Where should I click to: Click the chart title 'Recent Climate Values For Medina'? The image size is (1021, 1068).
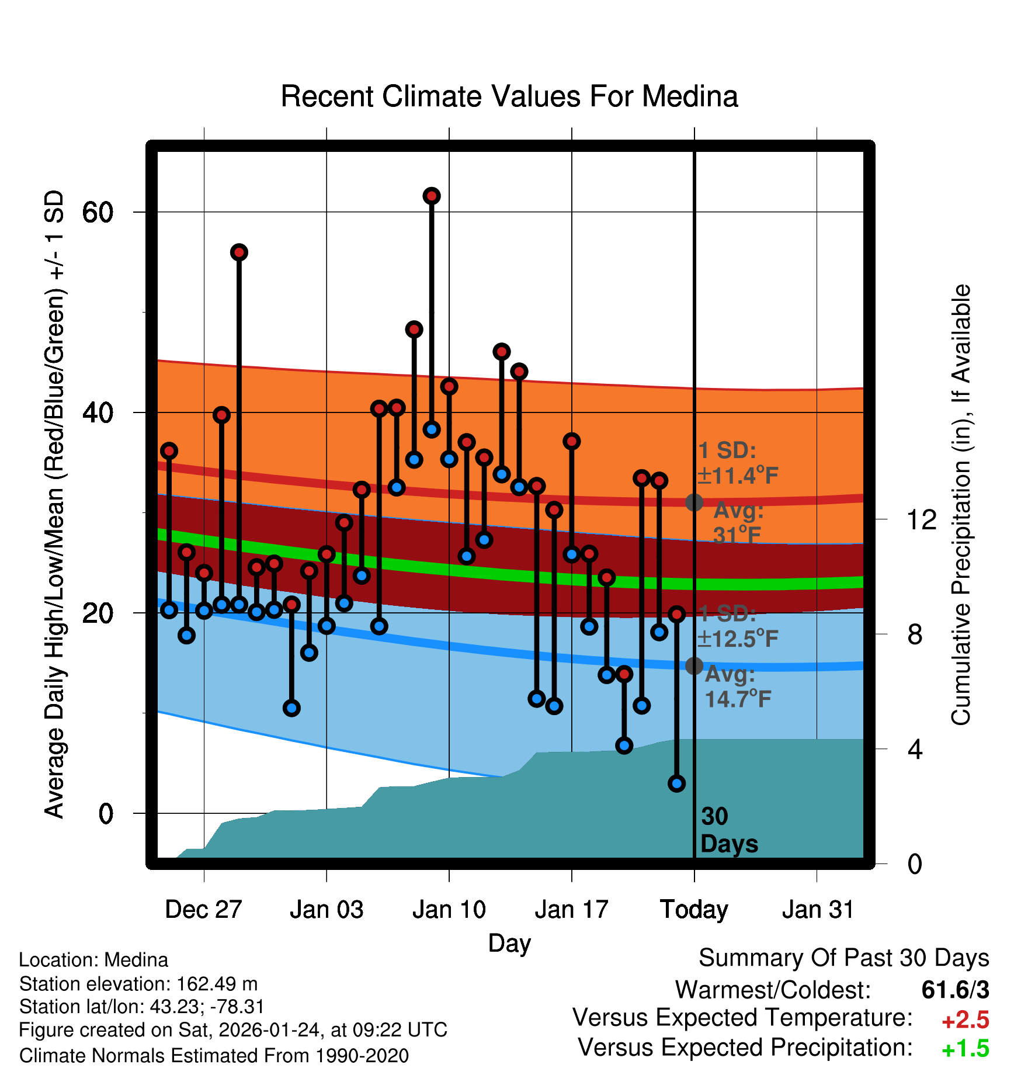(509, 96)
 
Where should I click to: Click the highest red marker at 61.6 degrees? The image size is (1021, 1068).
(432, 196)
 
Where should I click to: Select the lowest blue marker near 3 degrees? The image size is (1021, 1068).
(676, 783)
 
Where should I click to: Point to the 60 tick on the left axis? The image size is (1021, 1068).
(98, 212)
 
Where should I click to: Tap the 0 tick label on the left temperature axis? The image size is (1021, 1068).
(105, 813)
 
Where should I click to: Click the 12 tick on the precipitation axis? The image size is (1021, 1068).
(921, 519)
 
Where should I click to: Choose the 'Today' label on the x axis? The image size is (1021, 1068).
(694, 910)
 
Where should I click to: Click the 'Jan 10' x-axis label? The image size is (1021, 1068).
(449, 910)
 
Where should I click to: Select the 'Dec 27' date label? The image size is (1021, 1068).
(203, 910)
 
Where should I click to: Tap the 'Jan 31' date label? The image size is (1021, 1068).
(818, 910)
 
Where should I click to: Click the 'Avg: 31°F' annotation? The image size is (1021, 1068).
(738, 522)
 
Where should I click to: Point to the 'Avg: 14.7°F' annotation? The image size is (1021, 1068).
(737, 686)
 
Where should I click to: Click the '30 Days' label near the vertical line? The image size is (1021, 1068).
(728, 830)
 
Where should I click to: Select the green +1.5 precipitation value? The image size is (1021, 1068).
(965, 1049)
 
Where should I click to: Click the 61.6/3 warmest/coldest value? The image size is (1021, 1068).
(955, 990)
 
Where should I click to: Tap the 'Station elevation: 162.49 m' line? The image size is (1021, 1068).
(138, 984)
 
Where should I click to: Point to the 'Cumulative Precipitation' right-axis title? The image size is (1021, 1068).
(961, 505)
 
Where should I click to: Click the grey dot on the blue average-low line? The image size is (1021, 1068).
(694, 665)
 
